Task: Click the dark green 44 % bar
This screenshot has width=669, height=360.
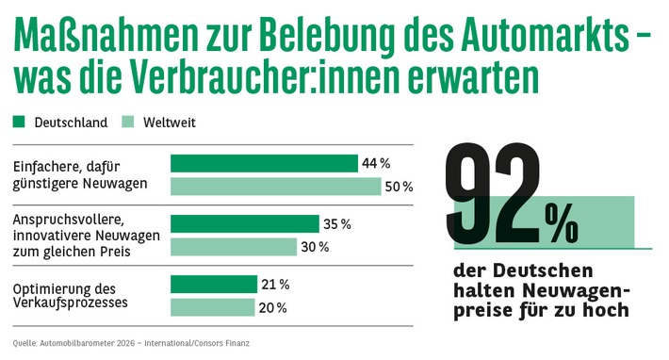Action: (x=264, y=164)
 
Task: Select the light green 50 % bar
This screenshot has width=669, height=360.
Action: (x=275, y=187)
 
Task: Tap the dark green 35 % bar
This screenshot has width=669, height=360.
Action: (x=244, y=224)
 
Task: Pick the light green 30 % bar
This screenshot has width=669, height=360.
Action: (x=233, y=247)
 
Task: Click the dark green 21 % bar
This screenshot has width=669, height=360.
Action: (x=213, y=285)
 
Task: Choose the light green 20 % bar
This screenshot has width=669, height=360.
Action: (x=212, y=307)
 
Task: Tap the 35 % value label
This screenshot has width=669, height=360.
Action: (x=337, y=224)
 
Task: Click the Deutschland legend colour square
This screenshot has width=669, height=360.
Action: (x=19, y=123)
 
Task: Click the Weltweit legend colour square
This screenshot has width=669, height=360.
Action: (x=129, y=123)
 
